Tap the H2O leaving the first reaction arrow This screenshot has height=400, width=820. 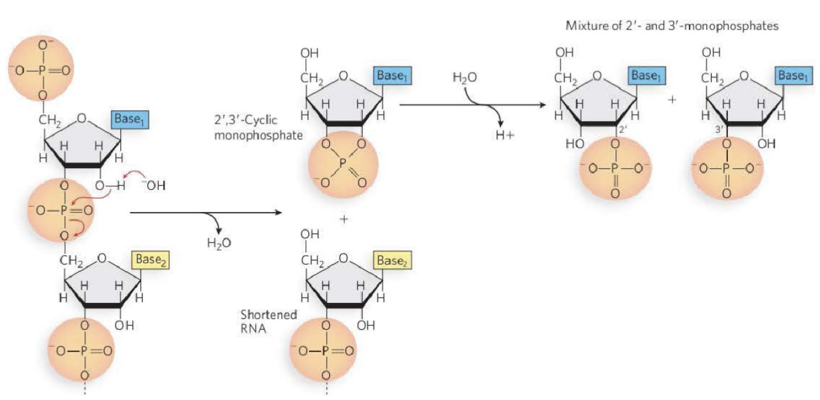tap(218, 243)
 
